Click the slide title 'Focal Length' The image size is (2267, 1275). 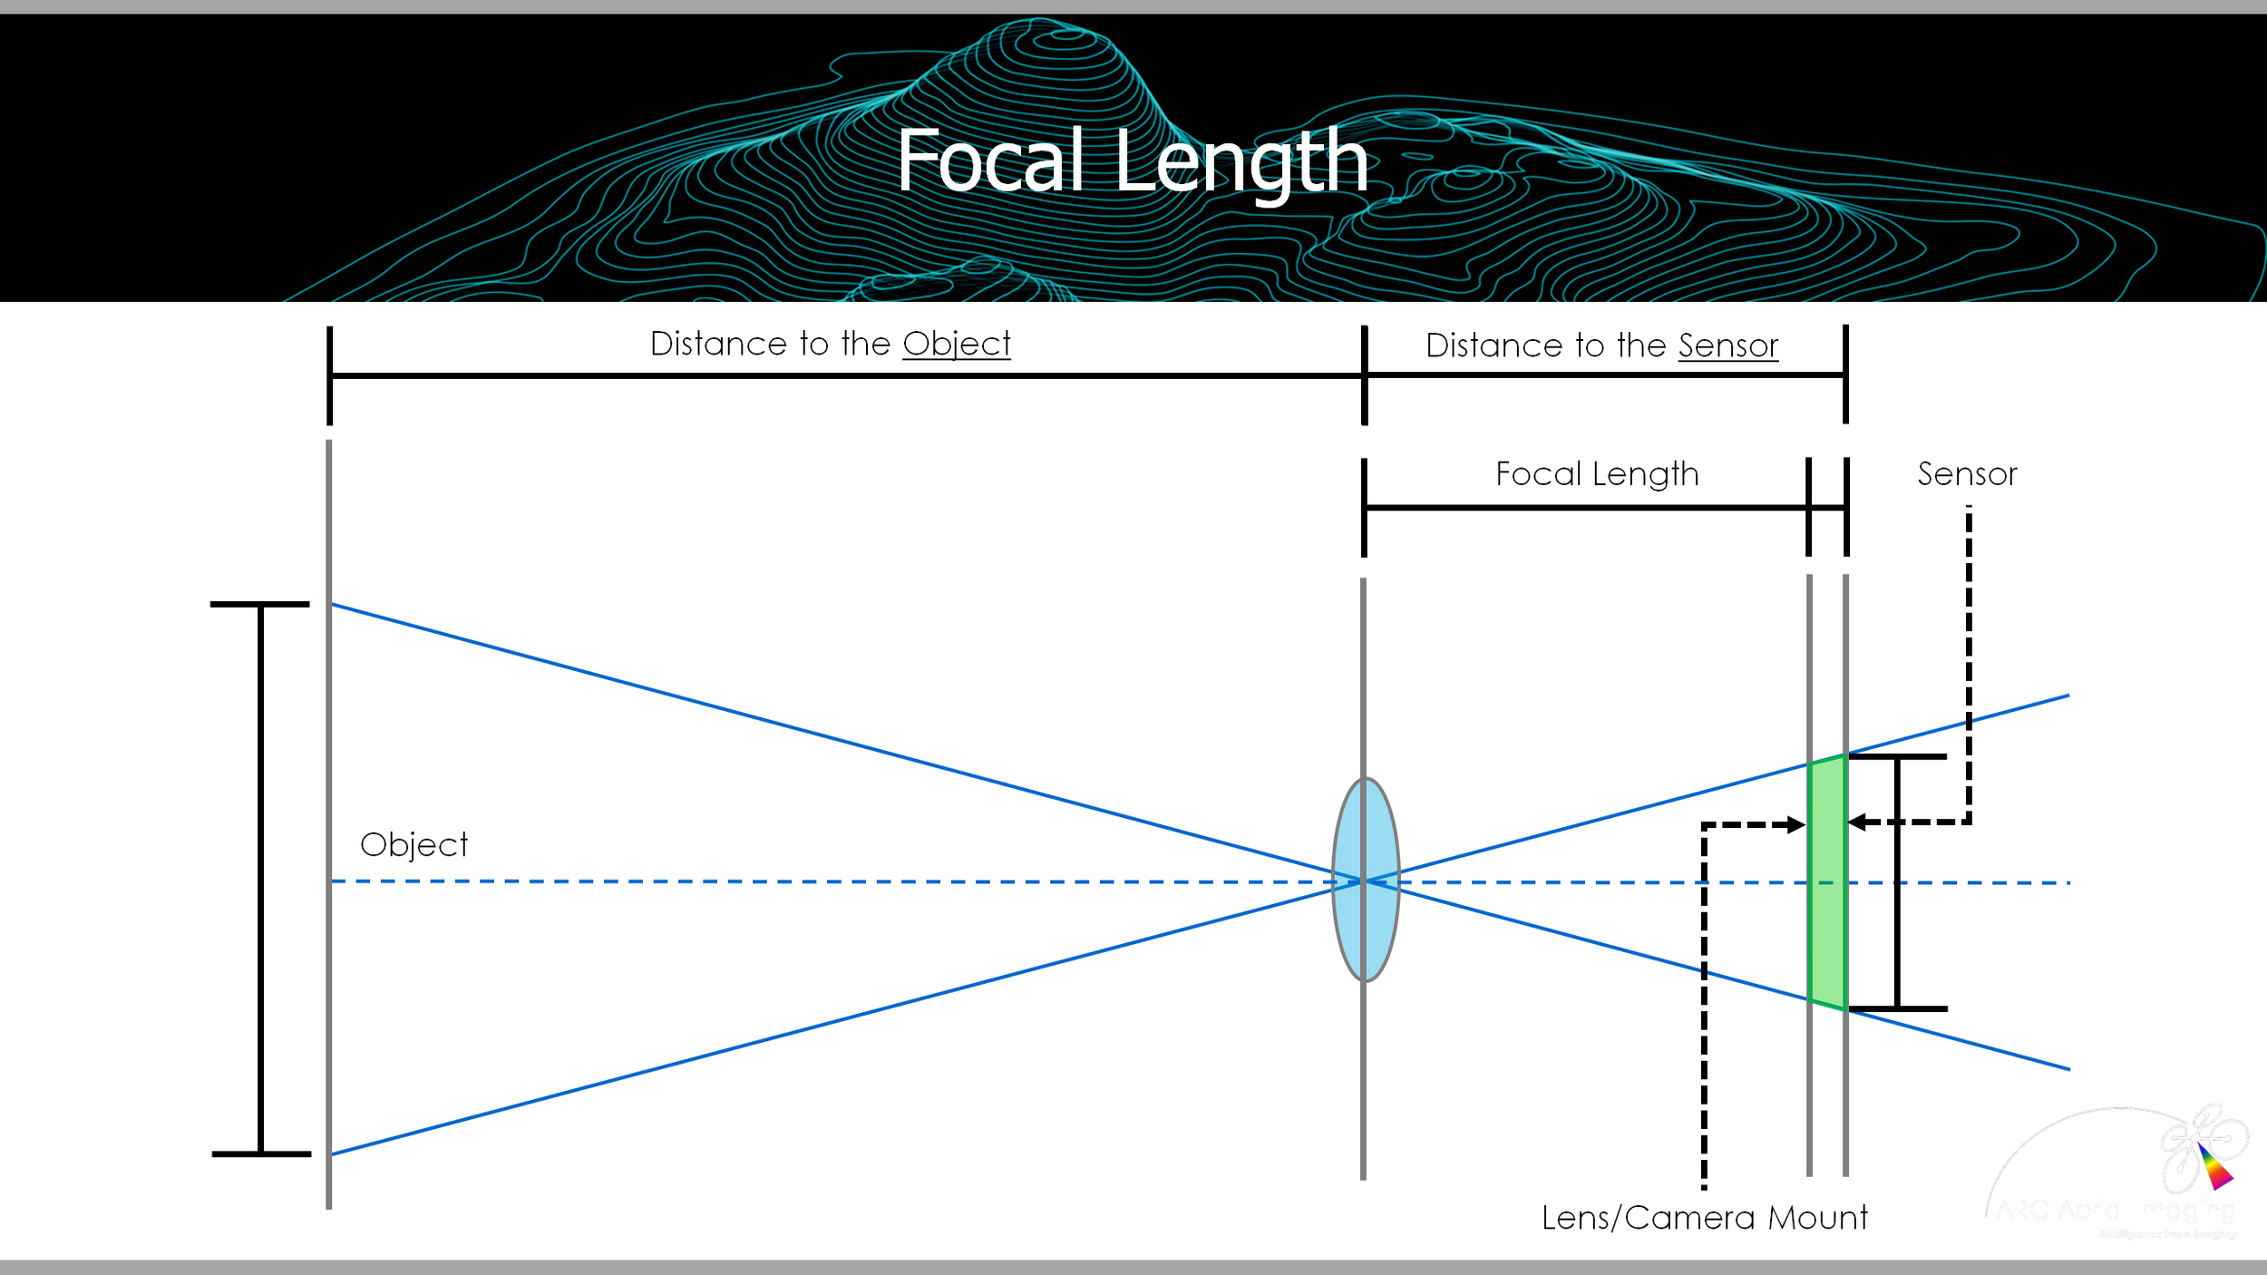[x=1133, y=161]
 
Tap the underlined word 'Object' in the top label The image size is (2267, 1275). [x=956, y=344]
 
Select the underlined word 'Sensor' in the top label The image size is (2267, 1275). [x=1727, y=346]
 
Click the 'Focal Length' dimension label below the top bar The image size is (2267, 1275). [x=1596, y=473]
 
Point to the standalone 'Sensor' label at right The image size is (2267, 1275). [x=1967, y=473]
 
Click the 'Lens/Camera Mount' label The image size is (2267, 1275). [x=1704, y=1217]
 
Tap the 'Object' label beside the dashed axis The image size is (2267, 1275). [x=414, y=844]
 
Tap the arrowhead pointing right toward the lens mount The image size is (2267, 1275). [x=1795, y=825]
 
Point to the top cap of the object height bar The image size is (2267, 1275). [x=260, y=604]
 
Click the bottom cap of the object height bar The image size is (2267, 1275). [x=261, y=1153]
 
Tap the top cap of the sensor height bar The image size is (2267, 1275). [x=1897, y=756]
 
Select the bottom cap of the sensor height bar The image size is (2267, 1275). [x=1897, y=1008]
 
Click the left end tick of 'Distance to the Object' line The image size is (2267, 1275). [x=330, y=375]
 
